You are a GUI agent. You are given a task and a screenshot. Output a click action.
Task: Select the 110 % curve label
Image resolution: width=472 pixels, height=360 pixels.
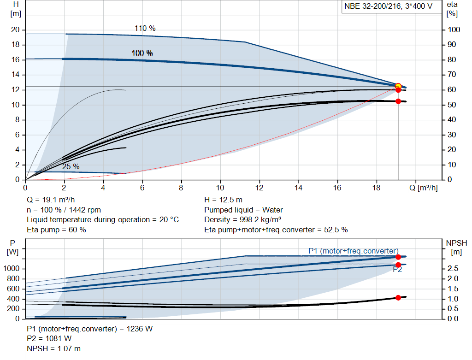coord(145,29)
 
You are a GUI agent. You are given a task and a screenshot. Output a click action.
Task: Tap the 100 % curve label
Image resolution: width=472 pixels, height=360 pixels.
coord(142,53)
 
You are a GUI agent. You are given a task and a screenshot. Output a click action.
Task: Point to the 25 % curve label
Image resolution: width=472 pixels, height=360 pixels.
coord(71,166)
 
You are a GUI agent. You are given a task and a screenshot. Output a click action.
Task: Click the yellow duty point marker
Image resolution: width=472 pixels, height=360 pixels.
coord(398,86)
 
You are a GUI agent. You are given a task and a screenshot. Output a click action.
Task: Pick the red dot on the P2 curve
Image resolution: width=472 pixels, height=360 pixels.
coord(398,265)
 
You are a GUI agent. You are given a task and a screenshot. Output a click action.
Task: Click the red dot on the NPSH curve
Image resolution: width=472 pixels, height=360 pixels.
coord(398,297)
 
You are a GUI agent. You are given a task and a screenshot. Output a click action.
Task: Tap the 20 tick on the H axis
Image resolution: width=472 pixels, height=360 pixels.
coord(15,30)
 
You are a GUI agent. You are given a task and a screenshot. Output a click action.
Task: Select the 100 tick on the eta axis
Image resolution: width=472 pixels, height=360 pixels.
coord(454,30)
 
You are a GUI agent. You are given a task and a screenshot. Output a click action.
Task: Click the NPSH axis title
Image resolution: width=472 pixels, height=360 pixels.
coord(456,242)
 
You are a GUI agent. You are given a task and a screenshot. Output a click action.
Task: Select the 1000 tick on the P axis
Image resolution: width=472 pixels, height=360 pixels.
coord(12,269)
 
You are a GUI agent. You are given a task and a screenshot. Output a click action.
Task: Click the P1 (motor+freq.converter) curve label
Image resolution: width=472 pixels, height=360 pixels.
coord(353,251)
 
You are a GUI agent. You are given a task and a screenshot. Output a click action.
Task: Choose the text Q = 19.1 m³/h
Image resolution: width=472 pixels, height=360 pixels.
coord(51,200)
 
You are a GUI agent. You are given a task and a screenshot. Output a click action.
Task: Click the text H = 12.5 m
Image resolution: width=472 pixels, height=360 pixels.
coord(223,200)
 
